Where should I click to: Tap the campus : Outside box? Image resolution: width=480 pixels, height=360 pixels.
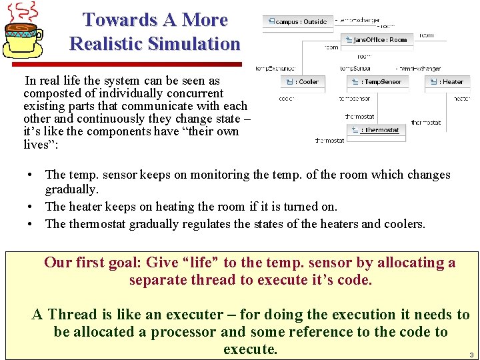click(x=297, y=21)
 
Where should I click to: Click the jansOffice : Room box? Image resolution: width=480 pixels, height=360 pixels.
click(x=376, y=40)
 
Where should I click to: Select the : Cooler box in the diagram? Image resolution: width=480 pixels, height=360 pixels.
click(x=303, y=81)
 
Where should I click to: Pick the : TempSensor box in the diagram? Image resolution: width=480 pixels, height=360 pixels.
click(x=376, y=81)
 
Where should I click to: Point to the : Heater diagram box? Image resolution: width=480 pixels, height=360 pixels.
click(x=447, y=81)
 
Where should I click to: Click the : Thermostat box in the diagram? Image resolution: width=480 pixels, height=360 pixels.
click(x=376, y=129)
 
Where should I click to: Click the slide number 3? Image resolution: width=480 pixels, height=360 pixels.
click(x=471, y=355)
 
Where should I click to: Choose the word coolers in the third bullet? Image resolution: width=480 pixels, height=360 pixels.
click(x=403, y=224)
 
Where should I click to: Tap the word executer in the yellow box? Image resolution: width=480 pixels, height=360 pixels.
click(x=194, y=315)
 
